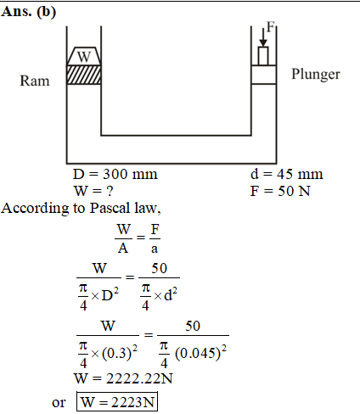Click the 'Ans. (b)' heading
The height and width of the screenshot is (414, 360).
[28, 12]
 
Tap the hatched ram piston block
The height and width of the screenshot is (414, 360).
[84, 75]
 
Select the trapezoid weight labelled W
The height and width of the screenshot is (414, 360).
[84, 56]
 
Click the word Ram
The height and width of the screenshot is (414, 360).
[35, 81]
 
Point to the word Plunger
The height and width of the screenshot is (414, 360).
[316, 75]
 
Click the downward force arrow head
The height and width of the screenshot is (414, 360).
[263, 43]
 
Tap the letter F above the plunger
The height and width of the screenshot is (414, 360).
[271, 27]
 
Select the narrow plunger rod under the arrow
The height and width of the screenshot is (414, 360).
[263, 56]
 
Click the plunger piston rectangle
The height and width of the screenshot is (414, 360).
[263, 75]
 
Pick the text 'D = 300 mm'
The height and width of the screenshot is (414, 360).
[115, 174]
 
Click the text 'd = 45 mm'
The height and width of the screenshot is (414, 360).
[286, 174]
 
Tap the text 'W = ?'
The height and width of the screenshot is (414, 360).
[93, 191]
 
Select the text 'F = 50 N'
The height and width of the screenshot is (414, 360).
[280, 191]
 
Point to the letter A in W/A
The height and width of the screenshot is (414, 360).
[123, 249]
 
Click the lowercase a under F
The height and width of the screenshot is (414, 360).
[155, 249]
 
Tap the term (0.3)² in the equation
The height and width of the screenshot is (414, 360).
[120, 353]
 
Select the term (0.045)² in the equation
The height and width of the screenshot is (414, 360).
[200, 353]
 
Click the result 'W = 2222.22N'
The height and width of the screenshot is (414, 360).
[123, 378]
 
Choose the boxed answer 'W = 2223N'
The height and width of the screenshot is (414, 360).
[117, 401]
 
